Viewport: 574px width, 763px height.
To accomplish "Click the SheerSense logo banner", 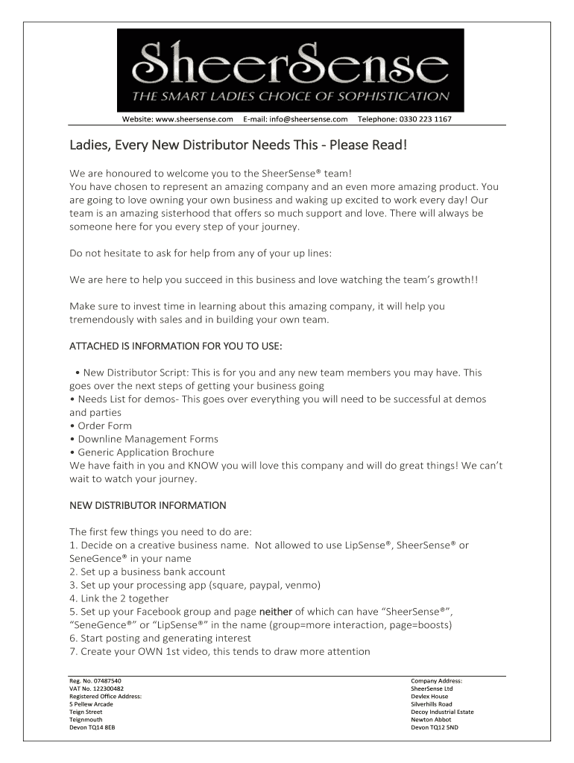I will pyautogui.click(x=291, y=70).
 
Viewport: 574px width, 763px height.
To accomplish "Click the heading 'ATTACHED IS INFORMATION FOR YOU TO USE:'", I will pyautogui.click(x=176, y=346).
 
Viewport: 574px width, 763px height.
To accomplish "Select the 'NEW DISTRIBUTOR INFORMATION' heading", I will pyautogui.click(x=148, y=505).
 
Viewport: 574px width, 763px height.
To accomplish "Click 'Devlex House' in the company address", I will pyautogui.click(x=429, y=696).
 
